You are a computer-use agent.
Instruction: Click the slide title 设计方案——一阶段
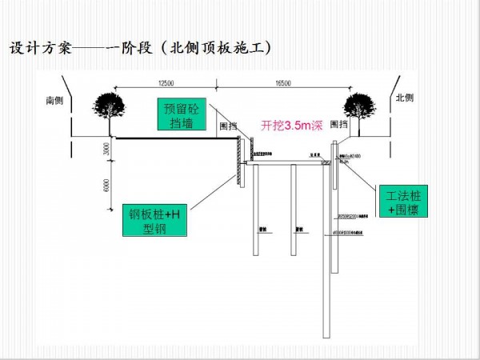[72, 48]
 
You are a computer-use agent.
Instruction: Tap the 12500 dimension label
[166, 83]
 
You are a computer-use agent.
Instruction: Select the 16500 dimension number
[282, 83]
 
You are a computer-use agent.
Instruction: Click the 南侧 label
[54, 101]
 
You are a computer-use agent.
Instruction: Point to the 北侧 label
[406, 98]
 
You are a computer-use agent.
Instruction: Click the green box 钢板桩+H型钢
[157, 220]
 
